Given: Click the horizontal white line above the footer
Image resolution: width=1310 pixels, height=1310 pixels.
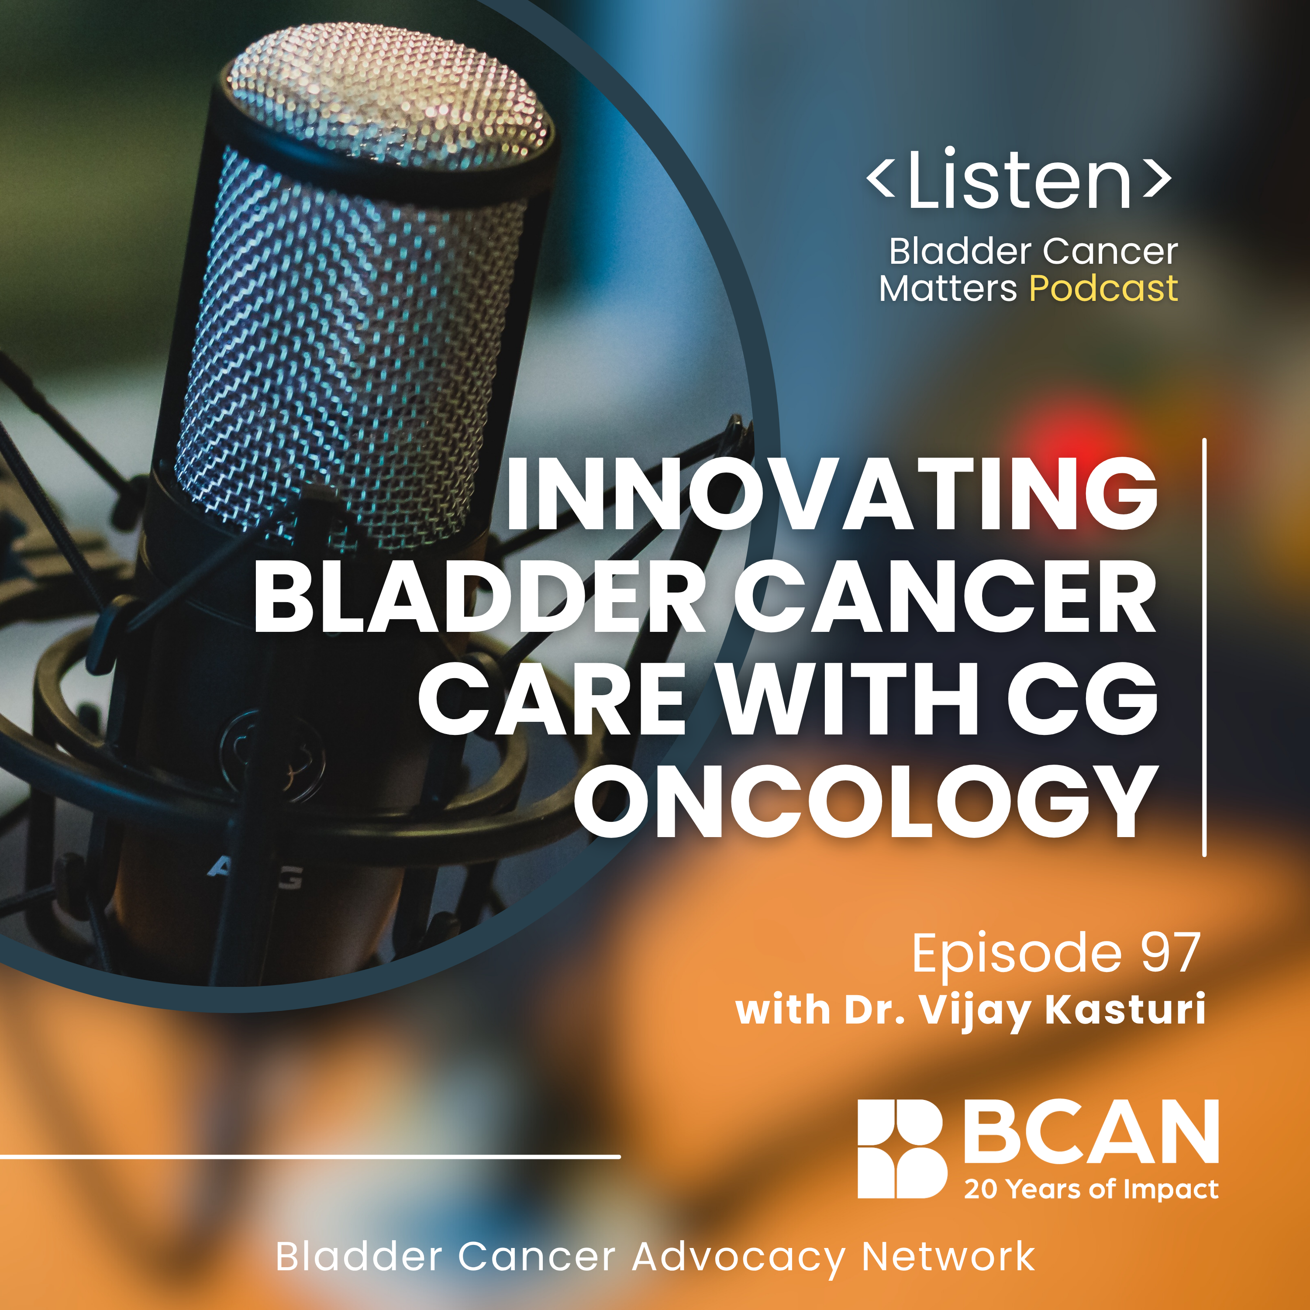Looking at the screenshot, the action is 310,1156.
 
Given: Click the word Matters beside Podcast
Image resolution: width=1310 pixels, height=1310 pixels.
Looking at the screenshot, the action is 948,289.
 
